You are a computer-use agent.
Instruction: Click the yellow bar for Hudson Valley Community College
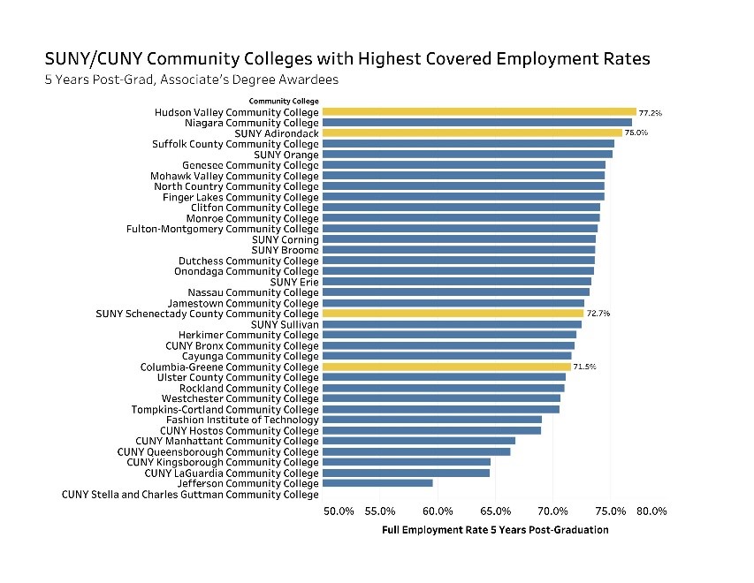(478, 112)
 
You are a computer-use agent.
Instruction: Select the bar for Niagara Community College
(476, 123)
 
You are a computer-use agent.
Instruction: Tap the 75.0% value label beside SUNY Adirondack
(636, 133)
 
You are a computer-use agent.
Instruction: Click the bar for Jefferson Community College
(377, 483)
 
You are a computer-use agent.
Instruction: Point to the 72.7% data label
(598, 314)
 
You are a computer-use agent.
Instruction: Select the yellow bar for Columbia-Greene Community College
(446, 367)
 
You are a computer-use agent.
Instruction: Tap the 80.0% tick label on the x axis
(652, 511)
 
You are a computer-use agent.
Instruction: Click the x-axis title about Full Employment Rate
(495, 530)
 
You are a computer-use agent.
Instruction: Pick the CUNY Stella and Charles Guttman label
(190, 495)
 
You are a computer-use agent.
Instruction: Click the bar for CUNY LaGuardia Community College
(406, 473)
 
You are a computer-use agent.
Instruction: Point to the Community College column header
(284, 102)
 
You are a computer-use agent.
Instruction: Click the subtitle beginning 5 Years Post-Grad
(192, 79)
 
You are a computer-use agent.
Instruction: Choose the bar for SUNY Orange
(467, 155)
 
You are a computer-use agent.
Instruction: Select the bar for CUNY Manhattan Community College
(418, 441)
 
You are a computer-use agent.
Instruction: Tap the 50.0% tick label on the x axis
(339, 511)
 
